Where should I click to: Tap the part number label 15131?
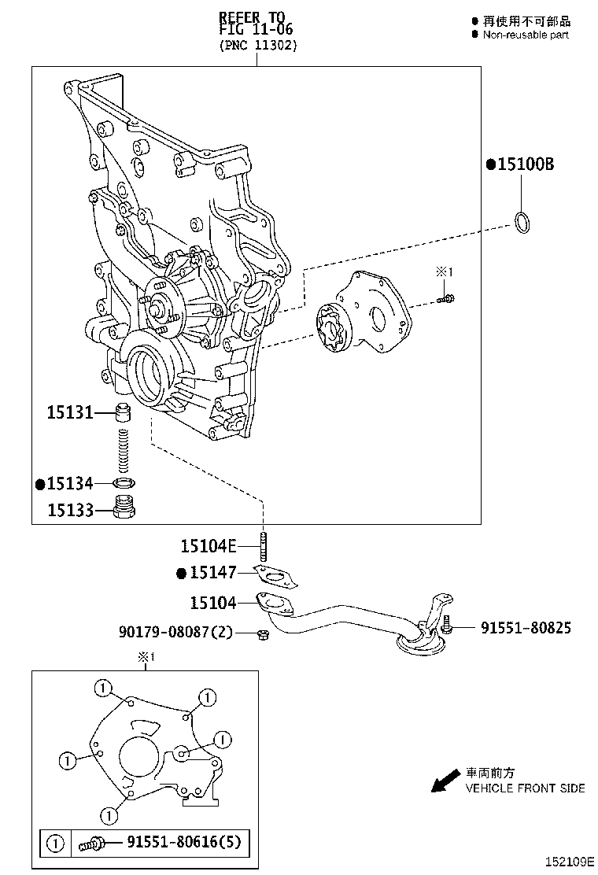click(69, 412)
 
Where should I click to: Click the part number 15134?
click(69, 483)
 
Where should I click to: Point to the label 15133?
click(69, 510)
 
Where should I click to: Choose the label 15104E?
click(208, 545)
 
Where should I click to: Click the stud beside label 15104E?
click(262, 545)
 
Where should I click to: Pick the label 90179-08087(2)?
click(175, 631)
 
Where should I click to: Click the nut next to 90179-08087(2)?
click(265, 633)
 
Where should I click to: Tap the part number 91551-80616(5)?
click(183, 844)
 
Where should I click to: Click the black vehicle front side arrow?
click(445, 780)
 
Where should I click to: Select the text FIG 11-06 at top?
click(256, 29)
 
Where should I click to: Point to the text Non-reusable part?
click(526, 35)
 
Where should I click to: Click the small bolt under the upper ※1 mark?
click(448, 297)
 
